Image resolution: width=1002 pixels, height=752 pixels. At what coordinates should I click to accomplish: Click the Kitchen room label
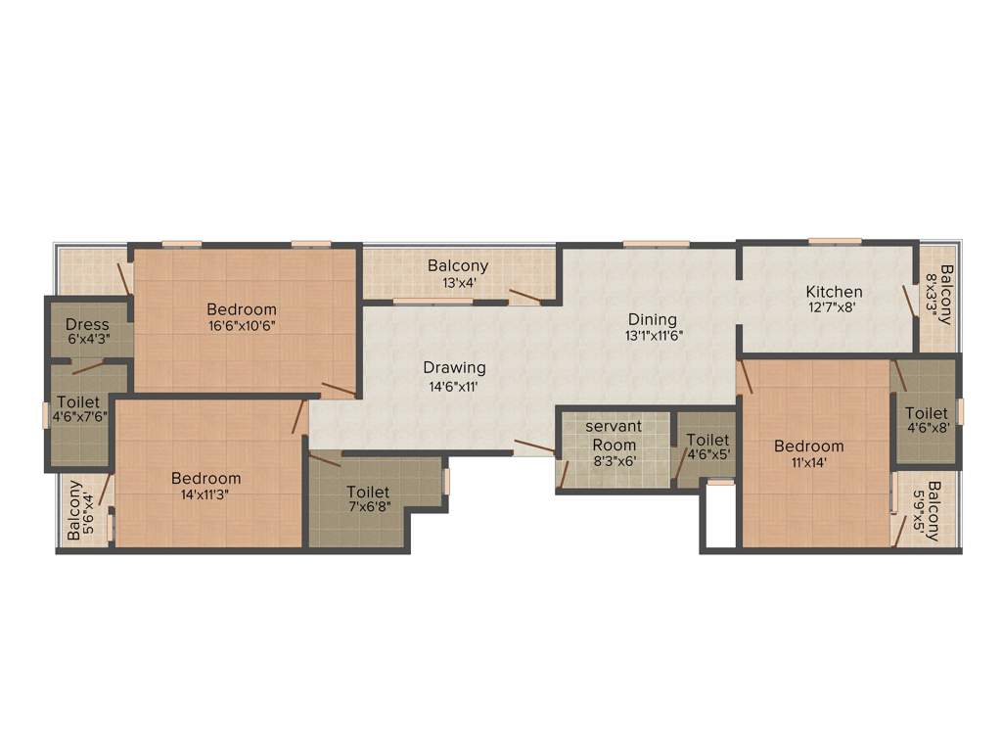click(834, 291)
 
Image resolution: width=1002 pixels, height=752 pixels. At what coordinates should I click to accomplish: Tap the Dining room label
click(653, 318)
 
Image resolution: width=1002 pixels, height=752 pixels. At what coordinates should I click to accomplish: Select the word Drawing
click(454, 367)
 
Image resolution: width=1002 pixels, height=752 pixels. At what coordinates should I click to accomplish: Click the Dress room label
click(87, 324)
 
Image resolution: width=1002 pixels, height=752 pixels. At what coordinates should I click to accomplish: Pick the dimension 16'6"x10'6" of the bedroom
click(242, 326)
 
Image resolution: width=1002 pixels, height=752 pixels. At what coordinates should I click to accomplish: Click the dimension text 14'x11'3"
click(205, 494)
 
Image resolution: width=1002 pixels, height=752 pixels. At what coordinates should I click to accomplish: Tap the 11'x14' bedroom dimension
click(808, 463)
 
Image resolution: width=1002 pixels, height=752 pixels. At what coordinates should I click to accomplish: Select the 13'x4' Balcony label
click(458, 265)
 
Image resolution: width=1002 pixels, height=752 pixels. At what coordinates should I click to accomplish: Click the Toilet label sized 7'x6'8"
click(368, 492)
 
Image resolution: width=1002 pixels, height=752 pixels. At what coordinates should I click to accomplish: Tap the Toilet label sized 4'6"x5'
click(707, 441)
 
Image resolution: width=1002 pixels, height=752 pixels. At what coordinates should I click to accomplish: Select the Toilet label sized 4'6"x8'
click(926, 413)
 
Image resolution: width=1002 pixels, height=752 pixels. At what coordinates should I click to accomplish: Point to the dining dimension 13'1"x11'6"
click(653, 335)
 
